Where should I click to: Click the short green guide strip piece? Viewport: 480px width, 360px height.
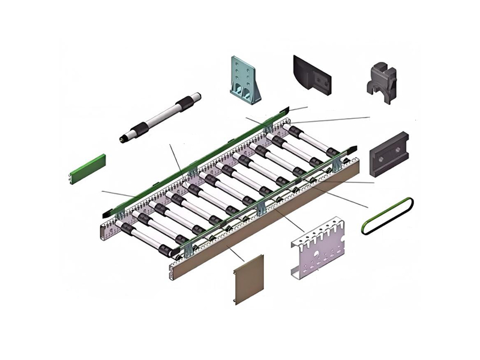click(88, 168)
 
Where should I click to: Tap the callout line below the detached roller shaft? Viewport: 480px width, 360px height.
click(176, 157)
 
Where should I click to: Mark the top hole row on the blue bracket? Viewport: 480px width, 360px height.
click(242, 64)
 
